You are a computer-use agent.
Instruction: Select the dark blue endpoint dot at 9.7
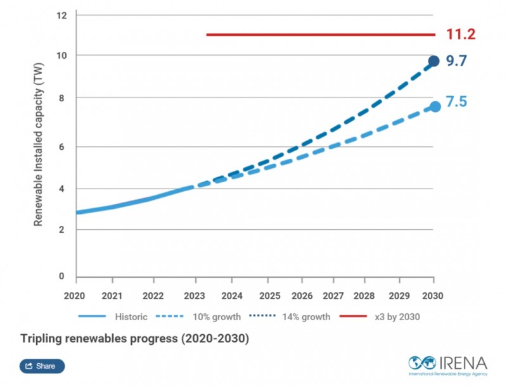(x=433, y=61)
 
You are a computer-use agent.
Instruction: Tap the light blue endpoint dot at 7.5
(x=435, y=106)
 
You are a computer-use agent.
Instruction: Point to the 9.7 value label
(x=456, y=61)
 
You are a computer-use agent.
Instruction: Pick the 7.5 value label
(x=456, y=101)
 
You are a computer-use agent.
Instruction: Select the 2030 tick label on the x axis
(x=433, y=296)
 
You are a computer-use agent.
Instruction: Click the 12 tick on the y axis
(x=61, y=15)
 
